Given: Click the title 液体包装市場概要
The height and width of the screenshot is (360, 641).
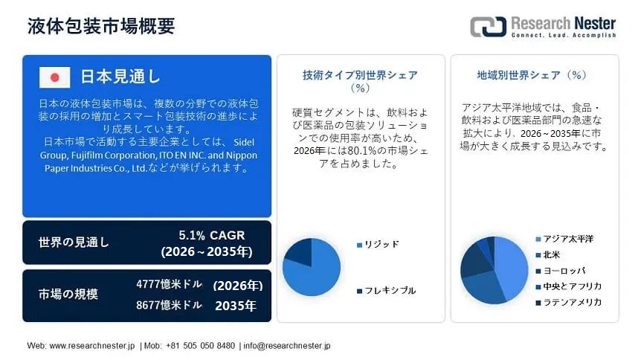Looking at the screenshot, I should tap(101, 25).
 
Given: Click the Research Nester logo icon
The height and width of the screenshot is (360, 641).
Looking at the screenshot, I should tap(488, 27).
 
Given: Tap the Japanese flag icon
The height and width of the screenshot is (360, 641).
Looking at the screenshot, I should tap(54, 77).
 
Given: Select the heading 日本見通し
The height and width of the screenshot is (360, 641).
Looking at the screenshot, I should tap(120, 77).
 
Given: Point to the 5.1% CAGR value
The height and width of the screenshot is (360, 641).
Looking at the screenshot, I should tap(206, 235).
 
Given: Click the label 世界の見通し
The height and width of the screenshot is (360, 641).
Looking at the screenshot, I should tap(74, 242).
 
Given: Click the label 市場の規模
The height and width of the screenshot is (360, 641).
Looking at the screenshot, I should tap(68, 294).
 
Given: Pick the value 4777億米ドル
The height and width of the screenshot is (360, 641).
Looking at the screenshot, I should tap(169, 285).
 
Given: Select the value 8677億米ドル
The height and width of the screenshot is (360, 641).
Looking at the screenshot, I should tap(169, 305).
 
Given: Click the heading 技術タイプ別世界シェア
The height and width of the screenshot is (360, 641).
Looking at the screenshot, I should tap(360, 75).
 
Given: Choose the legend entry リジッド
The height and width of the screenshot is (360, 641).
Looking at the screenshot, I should tap(381, 244).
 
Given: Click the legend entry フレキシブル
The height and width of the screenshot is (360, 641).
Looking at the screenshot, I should tap(390, 290).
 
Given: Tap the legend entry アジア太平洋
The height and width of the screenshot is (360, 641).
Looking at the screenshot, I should tap(568, 239).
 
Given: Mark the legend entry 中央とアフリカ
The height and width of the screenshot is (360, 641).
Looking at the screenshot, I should tap(572, 286).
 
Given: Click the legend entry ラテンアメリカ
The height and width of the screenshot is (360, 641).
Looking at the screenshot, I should tap(572, 302).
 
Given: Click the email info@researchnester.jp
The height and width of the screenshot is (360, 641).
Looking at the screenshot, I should tap(287, 346).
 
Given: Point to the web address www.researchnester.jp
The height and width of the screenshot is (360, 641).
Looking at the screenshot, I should tap(92, 346).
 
